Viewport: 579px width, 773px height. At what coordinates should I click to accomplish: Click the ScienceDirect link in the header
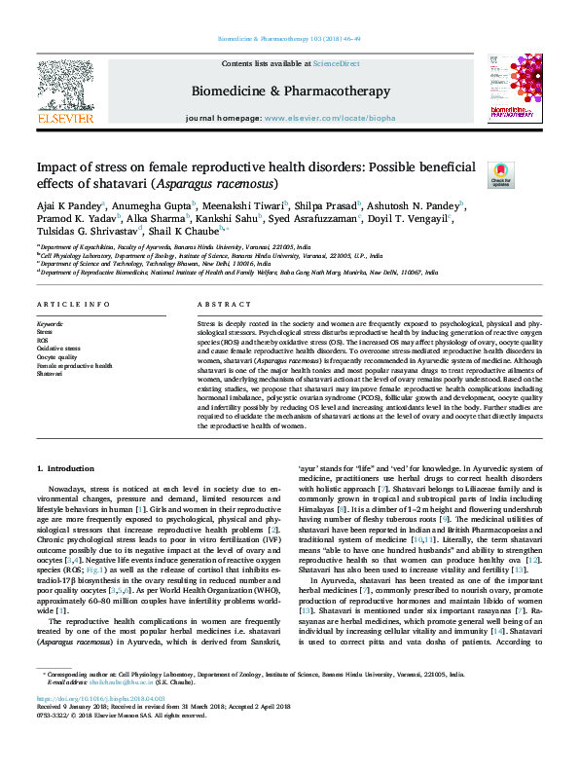point(336,63)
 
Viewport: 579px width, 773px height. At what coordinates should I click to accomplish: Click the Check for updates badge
point(500,175)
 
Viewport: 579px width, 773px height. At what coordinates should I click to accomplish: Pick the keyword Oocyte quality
point(56,356)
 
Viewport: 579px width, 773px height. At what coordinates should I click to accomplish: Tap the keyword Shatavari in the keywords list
point(50,373)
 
